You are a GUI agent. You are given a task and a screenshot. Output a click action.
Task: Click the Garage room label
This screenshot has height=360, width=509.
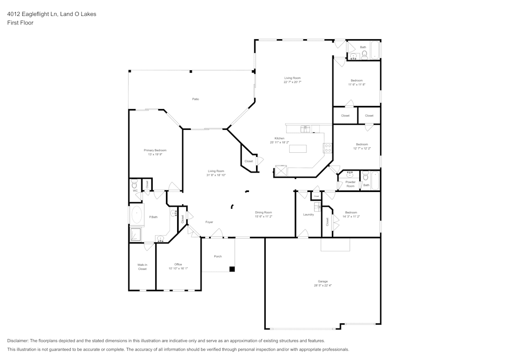(323, 281)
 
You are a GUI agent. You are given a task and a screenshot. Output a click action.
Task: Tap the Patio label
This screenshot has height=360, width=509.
(195, 99)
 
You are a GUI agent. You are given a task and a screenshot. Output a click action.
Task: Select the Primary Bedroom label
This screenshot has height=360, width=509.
(155, 150)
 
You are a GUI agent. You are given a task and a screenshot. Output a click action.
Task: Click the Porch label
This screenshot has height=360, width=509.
(218, 256)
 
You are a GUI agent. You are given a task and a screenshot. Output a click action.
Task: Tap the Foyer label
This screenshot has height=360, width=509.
(209, 222)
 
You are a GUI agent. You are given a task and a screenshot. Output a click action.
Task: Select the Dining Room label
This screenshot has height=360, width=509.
(264, 212)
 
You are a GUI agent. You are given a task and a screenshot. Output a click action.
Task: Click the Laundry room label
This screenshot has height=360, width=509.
(308, 214)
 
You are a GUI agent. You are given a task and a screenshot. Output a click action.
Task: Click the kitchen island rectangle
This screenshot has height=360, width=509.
(298, 149)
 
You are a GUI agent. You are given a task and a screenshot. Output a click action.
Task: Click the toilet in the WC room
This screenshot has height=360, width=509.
(134, 184)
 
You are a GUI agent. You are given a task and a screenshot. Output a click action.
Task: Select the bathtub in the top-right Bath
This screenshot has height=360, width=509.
(375, 51)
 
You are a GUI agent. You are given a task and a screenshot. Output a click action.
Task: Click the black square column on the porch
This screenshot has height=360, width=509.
(232, 268)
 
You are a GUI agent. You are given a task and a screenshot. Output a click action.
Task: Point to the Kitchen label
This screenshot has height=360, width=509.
(279, 139)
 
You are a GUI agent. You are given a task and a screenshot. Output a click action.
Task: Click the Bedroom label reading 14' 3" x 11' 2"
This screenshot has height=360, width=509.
(351, 212)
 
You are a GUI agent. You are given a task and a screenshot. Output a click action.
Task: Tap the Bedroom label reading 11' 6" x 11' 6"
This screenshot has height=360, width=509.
(356, 80)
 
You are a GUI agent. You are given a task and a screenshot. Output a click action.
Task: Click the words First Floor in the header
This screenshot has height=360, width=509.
(20, 23)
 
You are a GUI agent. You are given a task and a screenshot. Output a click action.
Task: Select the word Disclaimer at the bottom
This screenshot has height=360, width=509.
(18, 341)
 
